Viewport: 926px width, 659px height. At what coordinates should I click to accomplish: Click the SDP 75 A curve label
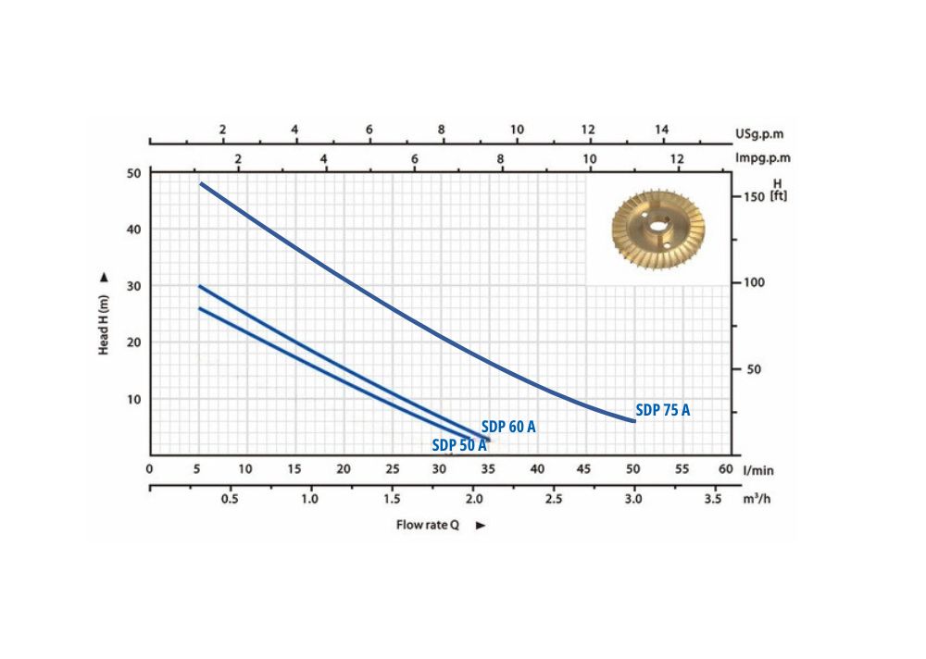pos(662,410)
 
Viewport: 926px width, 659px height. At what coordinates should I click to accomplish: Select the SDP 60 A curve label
pos(508,428)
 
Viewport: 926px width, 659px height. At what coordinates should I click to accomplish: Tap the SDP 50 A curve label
pos(459,444)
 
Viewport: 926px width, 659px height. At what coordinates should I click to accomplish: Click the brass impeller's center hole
pos(658,226)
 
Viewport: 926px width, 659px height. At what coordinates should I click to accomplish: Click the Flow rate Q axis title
pos(428,525)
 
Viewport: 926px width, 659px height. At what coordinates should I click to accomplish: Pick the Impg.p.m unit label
pos(762,158)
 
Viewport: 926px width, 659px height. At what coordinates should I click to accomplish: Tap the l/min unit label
pos(757,470)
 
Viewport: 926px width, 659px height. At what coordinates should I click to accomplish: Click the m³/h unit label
pos(756,499)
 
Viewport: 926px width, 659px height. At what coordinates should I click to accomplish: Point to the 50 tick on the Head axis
pos(133,173)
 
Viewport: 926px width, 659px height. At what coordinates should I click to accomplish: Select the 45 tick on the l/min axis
pos(583,469)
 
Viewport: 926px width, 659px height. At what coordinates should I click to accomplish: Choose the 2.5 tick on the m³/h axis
pos(553,499)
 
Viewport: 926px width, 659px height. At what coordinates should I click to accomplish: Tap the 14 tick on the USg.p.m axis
pos(661,130)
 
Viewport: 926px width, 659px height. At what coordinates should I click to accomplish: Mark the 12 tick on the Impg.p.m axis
pos(677,159)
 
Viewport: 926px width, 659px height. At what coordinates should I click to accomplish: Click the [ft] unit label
pos(778,196)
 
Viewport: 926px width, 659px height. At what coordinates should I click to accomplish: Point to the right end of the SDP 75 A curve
pos(634,420)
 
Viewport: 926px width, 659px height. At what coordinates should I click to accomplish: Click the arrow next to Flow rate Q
pos(480,526)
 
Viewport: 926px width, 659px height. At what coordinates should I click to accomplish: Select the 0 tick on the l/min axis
pos(149,469)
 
